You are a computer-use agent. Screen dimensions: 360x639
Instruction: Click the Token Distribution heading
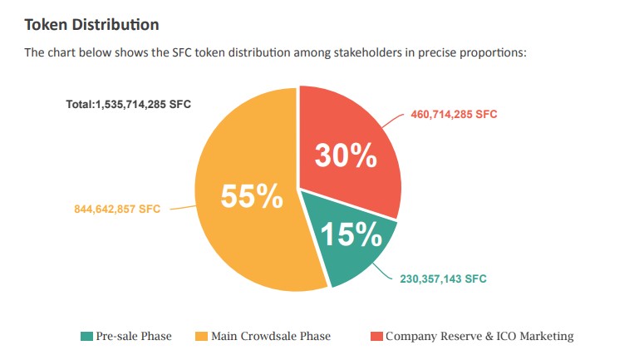pyautogui.click(x=91, y=24)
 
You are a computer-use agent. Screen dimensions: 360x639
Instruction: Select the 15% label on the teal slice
pyautogui.click(x=351, y=235)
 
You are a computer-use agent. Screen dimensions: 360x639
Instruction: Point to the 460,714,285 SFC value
pyautogui.click(x=454, y=114)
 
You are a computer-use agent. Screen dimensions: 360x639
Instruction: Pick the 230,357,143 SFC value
pyautogui.click(x=443, y=279)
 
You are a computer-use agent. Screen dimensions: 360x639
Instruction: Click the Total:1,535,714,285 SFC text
pyautogui.click(x=129, y=106)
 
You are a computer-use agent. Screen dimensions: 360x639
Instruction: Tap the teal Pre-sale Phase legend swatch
pyautogui.click(x=86, y=337)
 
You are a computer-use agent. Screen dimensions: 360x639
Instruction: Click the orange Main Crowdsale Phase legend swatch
pyautogui.click(x=201, y=337)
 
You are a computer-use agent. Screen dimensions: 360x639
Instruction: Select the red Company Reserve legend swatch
pyautogui.click(x=376, y=337)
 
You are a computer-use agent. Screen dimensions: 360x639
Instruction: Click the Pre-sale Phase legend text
pyautogui.click(x=134, y=337)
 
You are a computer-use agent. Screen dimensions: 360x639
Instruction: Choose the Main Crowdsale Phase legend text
pyautogui.click(x=271, y=337)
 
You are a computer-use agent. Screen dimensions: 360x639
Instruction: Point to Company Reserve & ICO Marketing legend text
pyautogui.click(x=479, y=337)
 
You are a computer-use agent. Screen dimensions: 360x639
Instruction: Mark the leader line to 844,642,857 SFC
pyautogui.click(x=180, y=209)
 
